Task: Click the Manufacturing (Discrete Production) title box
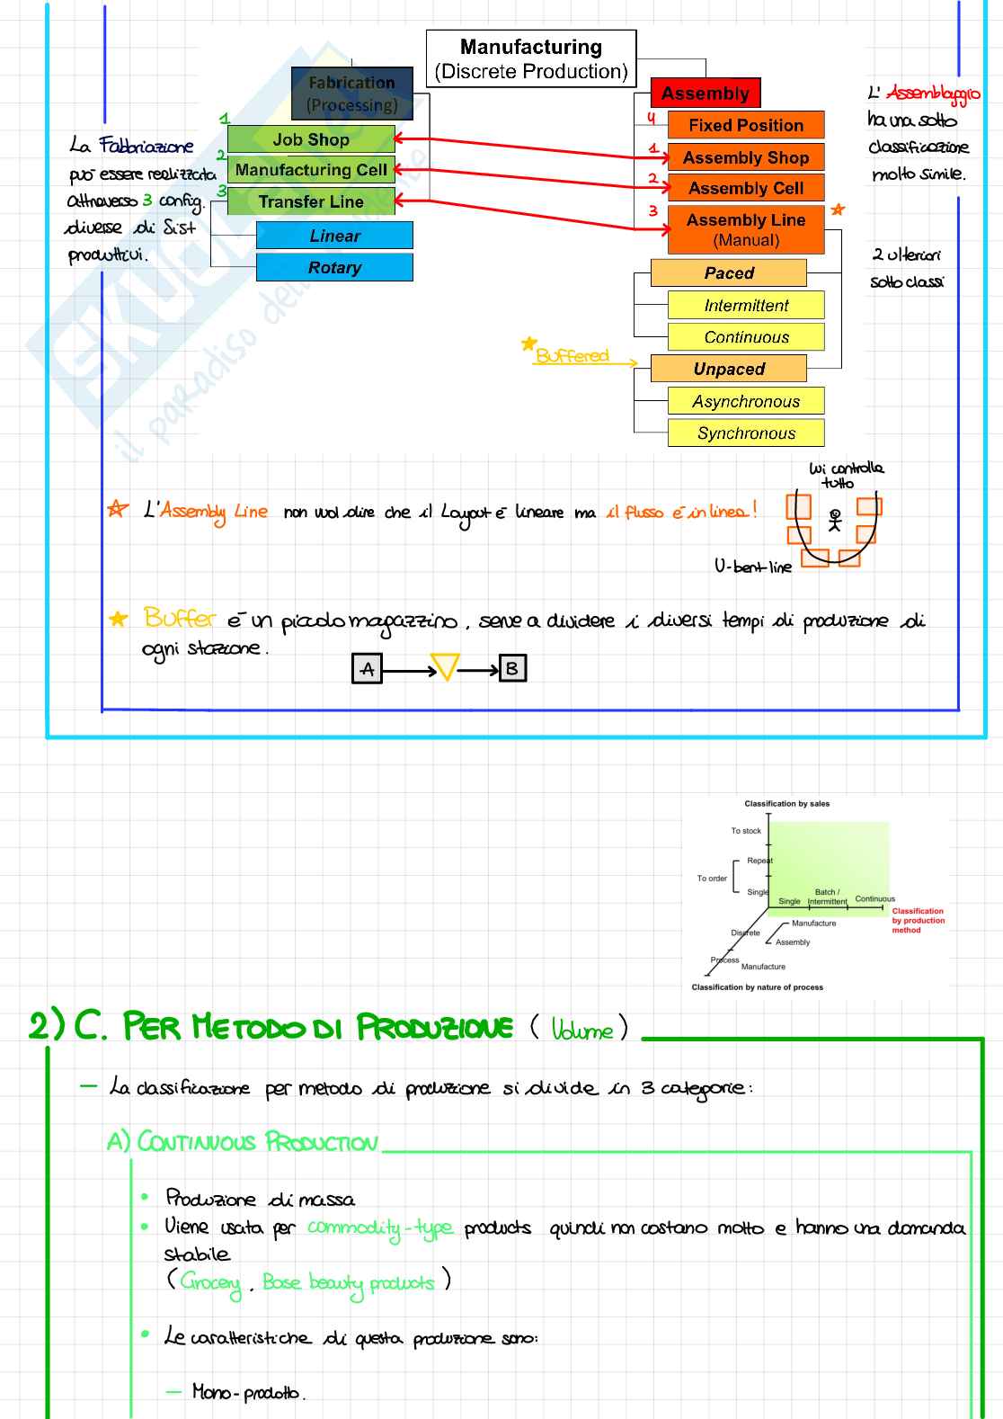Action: pyautogui.click(x=530, y=58)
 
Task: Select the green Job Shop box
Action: pyautogui.click(x=311, y=139)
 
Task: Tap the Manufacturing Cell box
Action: pyautogui.click(x=311, y=170)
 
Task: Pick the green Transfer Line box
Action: pyautogui.click(x=311, y=201)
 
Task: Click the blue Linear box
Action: pyautogui.click(x=334, y=236)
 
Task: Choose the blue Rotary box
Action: pyautogui.click(x=334, y=267)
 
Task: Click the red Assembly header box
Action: pyautogui.click(x=706, y=94)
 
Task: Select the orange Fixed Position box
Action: pyautogui.click(x=746, y=125)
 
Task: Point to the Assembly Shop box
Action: pyautogui.click(x=746, y=157)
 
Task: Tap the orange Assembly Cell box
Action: pyautogui.click(x=746, y=188)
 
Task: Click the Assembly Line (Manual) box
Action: pyautogui.click(x=746, y=229)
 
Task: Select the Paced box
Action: pyautogui.click(x=729, y=272)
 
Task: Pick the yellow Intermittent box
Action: pyautogui.click(x=746, y=305)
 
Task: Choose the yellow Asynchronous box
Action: pyautogui.click(x=746, y=401)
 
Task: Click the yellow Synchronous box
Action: pyautogui.click(x=746, y=433)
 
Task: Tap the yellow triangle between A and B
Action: pyautogui.click(x=445, y=666)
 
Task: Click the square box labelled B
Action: pyautogui.click(x=511, y=668)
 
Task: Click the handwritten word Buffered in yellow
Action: pyautogui.click(x=573, y=355)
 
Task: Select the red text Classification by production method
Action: pyautogui.click(x=918, y=920)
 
